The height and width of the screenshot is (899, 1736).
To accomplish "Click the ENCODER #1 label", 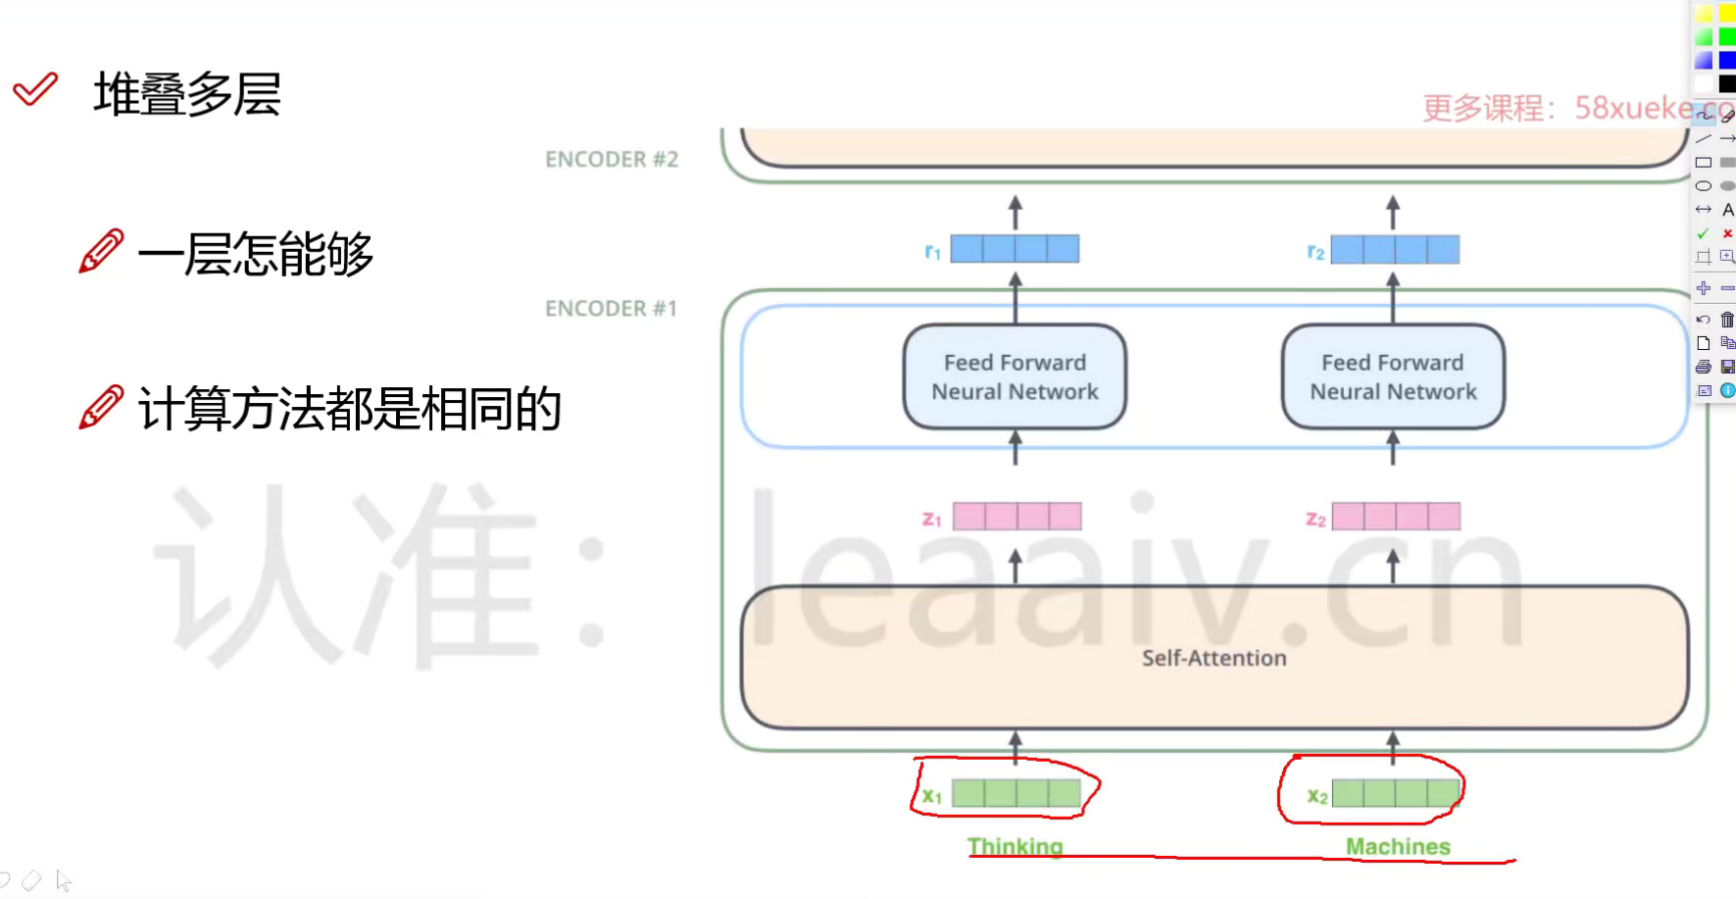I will click(611, 309).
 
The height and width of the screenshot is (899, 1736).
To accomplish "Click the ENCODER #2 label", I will click(612, 160).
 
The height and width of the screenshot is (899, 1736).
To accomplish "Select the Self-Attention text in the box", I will click(1214, 658).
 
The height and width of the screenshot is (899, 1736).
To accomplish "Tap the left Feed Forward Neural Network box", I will click(1015, 377).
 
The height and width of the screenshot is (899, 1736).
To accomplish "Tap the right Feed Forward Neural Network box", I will click(1393, 377).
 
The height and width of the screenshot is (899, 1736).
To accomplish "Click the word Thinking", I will click(1015, 846).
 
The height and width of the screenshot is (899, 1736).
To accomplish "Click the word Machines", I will click(1398, 846).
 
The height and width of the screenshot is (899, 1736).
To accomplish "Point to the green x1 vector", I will click(1017, 793).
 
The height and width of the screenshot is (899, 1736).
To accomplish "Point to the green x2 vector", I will click(1396, 793).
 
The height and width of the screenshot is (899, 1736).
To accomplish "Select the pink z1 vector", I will click(1017, 517).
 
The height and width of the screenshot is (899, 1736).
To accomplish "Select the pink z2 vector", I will click(1396, 517).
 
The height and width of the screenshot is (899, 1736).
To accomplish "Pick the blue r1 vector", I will click(1015, 249).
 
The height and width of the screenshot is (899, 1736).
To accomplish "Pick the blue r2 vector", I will click(1395, 250).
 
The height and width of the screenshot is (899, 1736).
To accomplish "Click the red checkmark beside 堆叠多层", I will click(35, 89).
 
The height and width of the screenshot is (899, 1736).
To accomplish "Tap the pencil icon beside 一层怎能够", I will click(101, 251).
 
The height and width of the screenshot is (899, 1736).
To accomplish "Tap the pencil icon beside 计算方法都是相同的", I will click(101, 407).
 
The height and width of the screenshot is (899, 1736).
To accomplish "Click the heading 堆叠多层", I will click(187, 95).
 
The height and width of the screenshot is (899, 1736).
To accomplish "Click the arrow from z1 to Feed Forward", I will click(1016, 449).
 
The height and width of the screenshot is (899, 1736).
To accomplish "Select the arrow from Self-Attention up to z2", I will click(1393, 567).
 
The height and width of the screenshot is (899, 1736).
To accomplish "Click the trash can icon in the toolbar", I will click(1727, 320).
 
